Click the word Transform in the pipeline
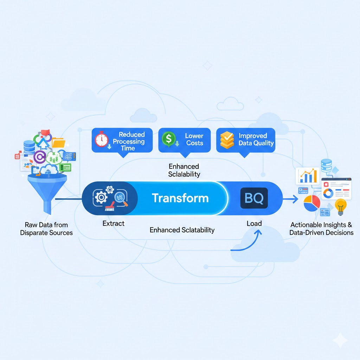click(x=180, y=198)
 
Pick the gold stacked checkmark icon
click(x=227, y=140)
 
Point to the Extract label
click(x=113, y=223)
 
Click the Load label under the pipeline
click(x=254, y=223)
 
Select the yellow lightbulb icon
click(x=340, y=207)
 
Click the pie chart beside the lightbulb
click(x=311, y=203)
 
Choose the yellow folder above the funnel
click(x=58, y=142)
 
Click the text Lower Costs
click(x=194, y=140)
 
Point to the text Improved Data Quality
click(x=256, y=140)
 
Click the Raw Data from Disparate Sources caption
click(x=46, y=229)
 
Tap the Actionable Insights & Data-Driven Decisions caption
click(x=321, y=229)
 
